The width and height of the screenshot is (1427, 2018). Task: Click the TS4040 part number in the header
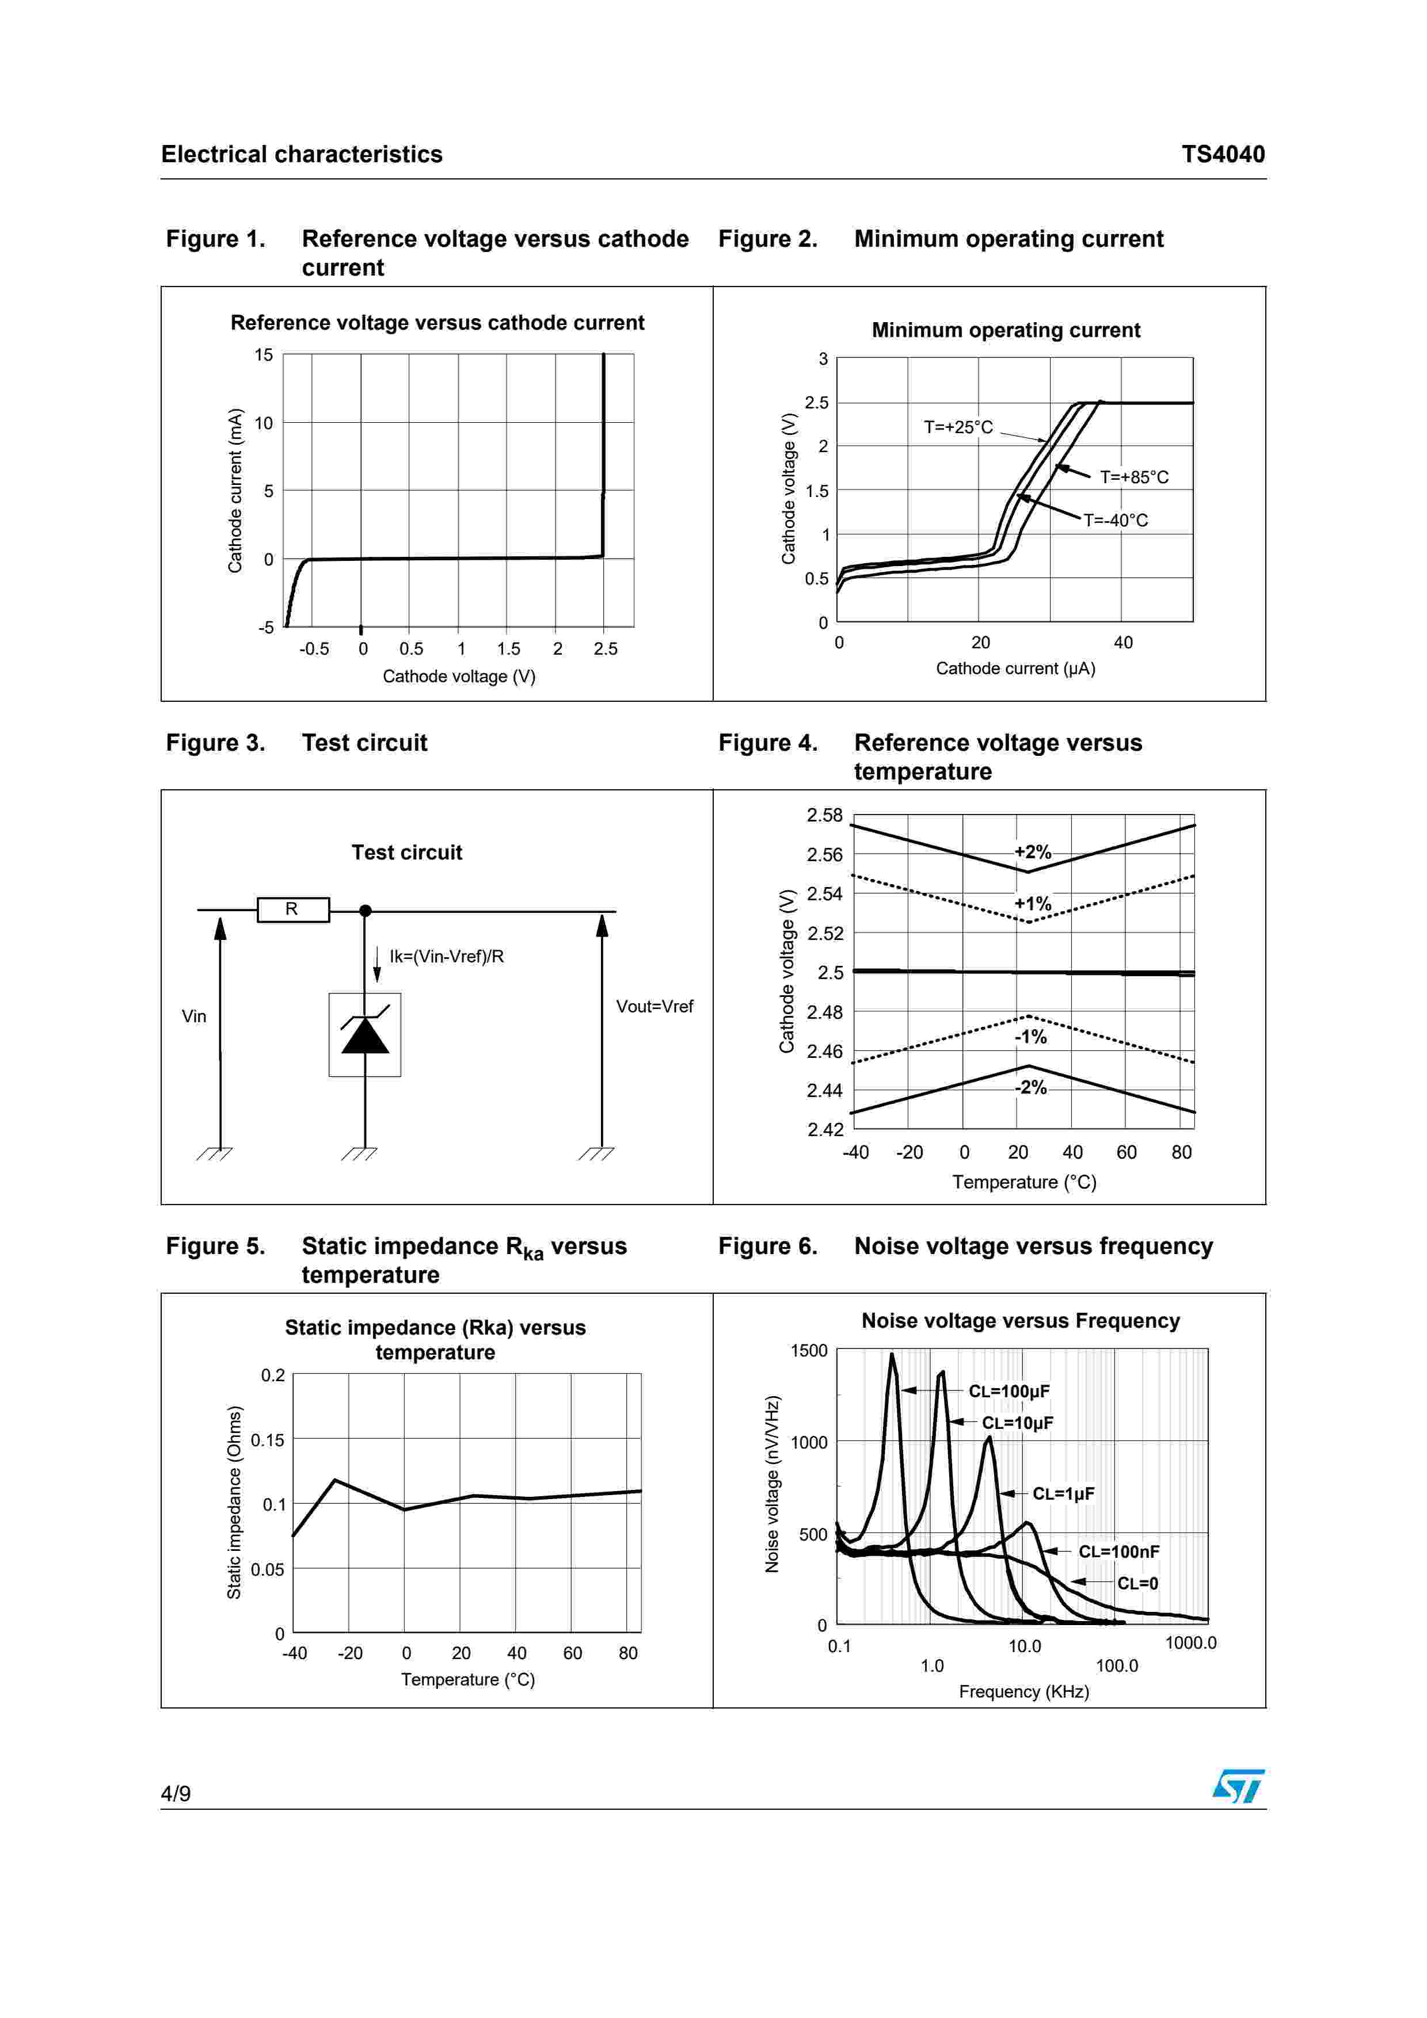coord(1222,155)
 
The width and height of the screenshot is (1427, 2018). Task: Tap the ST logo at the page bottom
coord(1238,1786)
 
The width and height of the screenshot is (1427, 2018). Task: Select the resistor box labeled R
coord(293,909)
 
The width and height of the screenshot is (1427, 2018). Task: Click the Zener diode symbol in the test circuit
coord(365,1034)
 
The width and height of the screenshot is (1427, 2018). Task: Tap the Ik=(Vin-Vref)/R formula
coord(447,956)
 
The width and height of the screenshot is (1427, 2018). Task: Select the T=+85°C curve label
coord(1134,477)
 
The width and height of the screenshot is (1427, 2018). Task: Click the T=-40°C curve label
coord(1115,521)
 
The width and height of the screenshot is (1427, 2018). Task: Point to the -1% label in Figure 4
coord(1030,1037)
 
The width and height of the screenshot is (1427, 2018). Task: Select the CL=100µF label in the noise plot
coord(1009,1392)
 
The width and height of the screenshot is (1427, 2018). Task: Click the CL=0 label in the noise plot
coord(1137,1584)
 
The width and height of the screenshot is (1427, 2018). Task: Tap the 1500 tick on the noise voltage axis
coord(809,1351)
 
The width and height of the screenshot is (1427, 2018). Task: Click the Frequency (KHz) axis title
coord(1023,1692)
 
